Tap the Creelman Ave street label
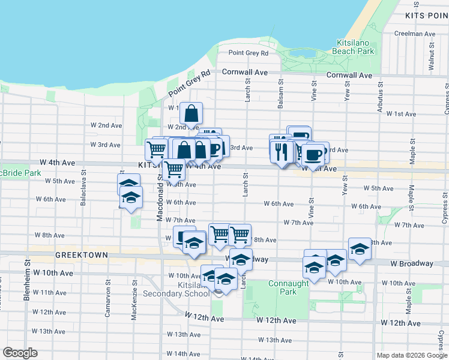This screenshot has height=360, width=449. pos(417,34)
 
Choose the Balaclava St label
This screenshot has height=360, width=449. pos(83,191)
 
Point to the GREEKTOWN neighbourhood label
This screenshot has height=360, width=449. pos(82,255)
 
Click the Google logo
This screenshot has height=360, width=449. pos(20,353)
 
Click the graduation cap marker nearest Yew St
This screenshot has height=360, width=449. pos(360,250)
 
